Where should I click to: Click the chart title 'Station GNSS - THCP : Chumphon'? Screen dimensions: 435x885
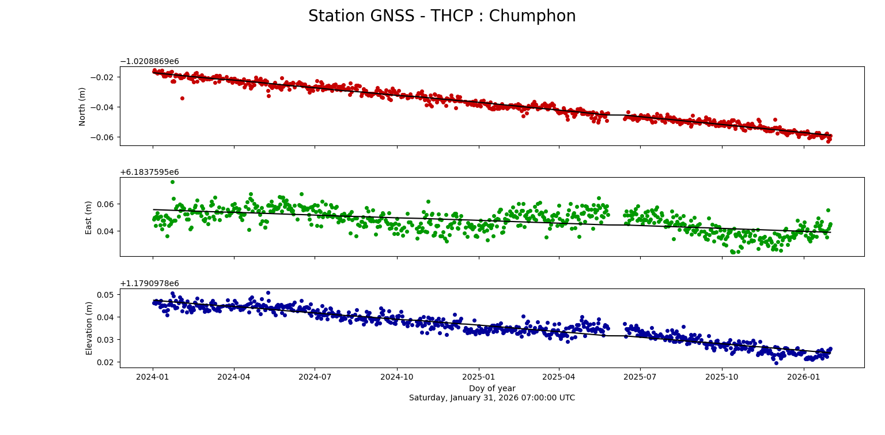coord(442,16)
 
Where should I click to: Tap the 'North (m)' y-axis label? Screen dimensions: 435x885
coord(82,106)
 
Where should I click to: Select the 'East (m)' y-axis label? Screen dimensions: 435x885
coord(89,217)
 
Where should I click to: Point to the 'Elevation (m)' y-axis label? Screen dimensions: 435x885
coord(89,328)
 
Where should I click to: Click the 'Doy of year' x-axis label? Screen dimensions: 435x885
coord(492,388)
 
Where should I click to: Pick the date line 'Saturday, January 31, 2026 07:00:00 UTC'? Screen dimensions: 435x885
coord(492,397)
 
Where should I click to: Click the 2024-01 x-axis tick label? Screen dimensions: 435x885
coord(153,377)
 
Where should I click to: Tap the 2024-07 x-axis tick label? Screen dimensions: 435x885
coord(315,377)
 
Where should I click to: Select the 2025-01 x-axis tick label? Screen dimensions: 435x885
coord(479,377)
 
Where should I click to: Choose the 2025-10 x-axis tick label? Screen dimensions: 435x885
coord(722,377)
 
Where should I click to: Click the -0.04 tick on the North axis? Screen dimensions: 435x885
coord(104,107)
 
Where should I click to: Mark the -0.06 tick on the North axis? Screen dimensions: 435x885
coord(104,137)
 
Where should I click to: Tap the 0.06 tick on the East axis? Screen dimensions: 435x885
coord(107,204)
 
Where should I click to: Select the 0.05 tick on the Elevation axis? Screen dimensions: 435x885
coord(107,294)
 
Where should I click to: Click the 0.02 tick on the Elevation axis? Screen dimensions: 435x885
coord(107,362)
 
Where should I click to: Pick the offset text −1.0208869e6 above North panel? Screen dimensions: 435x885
coord(149,61)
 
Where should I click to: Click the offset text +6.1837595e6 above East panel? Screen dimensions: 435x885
coord(149,172)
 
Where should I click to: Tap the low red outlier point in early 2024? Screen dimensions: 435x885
coord(182,98)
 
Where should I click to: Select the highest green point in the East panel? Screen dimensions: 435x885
coord(172,182)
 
